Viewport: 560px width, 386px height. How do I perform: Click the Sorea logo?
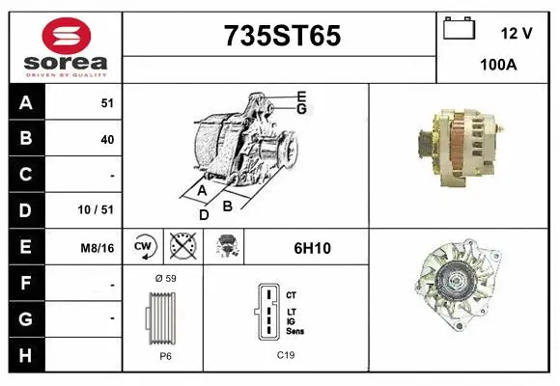(65, 45)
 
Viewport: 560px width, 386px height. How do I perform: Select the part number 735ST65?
(281, 36)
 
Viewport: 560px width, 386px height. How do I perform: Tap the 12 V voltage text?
(517, 33)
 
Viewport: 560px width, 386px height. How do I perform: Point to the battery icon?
(460, 29)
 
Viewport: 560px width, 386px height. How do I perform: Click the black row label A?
(26, 102)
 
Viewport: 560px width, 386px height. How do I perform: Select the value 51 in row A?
(107, 102)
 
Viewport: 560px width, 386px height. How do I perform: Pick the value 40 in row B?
(107, 139)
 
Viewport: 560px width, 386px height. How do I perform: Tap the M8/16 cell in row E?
(98, 247)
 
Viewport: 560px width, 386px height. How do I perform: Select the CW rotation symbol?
(143, 247)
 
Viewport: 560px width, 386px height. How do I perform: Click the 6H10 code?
(312, 248)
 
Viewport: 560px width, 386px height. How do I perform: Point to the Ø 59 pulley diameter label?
(164, 278)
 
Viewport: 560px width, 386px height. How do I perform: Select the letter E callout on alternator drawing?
(301, 96)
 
